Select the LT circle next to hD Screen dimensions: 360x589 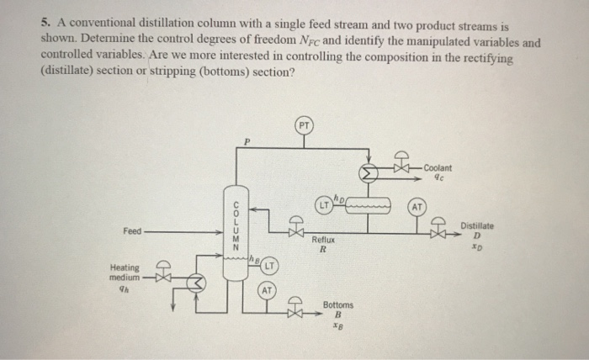click(x=324, y=203)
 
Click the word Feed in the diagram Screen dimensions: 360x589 click(x=133, y=230)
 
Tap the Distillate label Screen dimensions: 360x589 click(x=477, y=225)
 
